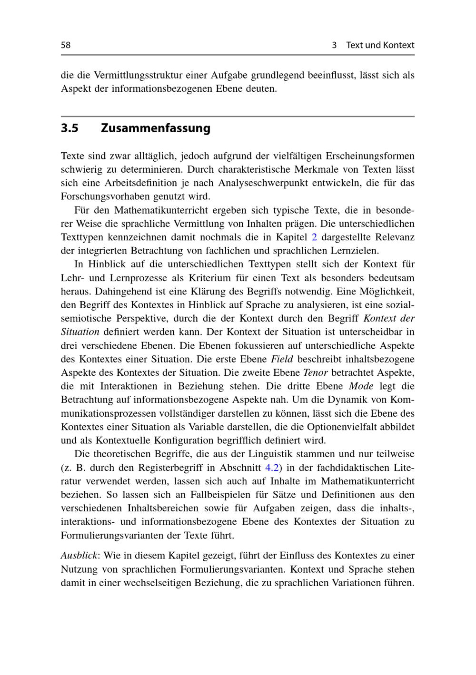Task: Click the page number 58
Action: (x=66, y=45)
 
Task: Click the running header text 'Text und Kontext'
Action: (x=380, y=45)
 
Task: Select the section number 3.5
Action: (x=69, y=128)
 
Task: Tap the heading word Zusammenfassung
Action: (x=156, y=128)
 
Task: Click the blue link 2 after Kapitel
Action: (x=314, y=237)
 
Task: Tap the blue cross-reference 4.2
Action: (x=272, y=467)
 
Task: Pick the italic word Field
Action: (x=282, y=359)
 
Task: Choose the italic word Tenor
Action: (x=315, y=372)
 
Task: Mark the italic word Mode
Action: (x=361, y=386)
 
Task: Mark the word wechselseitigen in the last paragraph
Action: (x=157, y=583)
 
